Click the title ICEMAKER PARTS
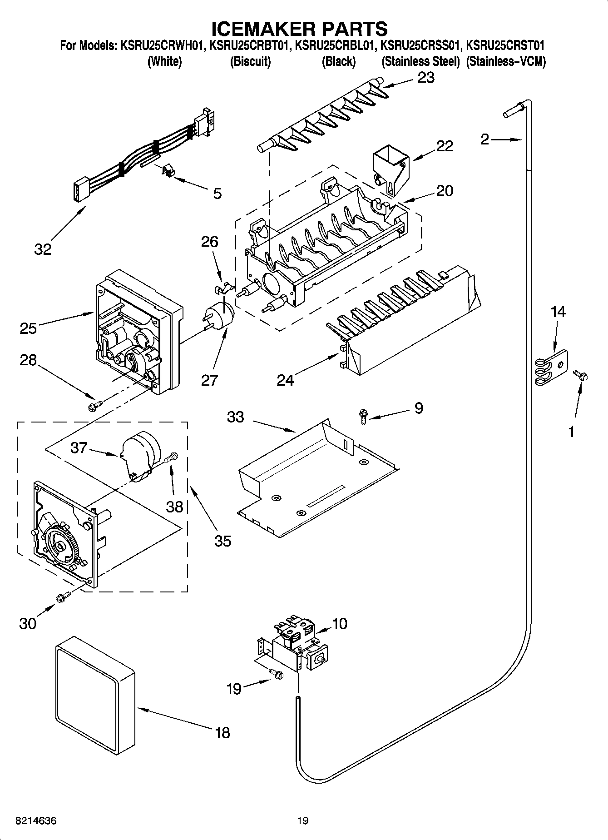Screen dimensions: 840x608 [300, 28]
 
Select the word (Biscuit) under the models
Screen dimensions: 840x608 [250, 61]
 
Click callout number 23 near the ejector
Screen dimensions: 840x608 [425, 78]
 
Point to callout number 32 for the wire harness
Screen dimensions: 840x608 [43, 249]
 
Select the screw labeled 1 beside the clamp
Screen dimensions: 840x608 [581, 376]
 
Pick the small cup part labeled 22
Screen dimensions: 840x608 [390, 170]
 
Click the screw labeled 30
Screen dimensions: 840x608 [63, 597]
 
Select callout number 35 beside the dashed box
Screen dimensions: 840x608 [223, 541]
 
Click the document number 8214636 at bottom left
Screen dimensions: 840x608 [36, 821]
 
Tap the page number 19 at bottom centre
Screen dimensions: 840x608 [303, 821]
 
